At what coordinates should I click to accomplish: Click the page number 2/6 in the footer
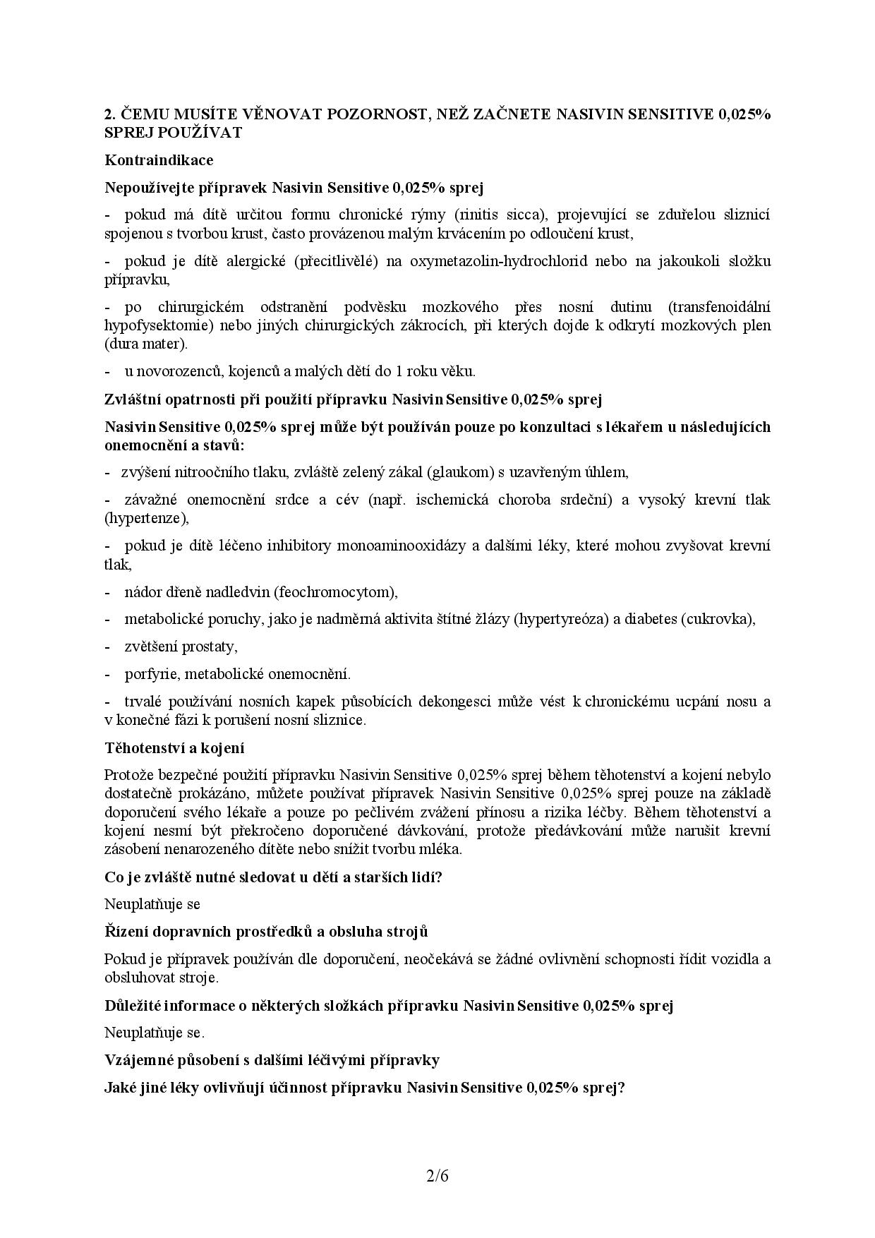(437, 1176)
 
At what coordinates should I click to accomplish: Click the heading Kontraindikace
(159, 160)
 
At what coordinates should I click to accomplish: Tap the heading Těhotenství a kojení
(174, 747)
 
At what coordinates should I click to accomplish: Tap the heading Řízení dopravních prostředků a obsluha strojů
(266, 932)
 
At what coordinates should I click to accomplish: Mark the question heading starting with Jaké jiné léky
(365, 1088)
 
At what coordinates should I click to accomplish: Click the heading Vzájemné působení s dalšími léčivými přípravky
(272, 1060)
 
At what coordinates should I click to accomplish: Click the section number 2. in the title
(109, 114)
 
